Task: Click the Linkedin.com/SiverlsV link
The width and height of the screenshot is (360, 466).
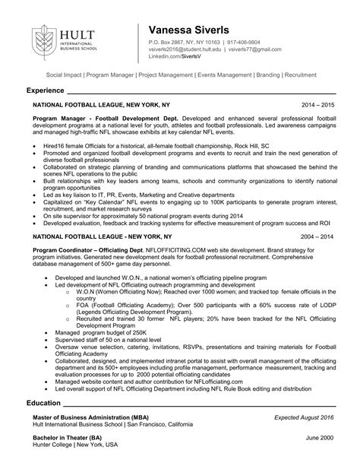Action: tap(181, 58)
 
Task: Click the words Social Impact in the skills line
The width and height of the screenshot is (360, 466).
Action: tap(65, 76)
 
